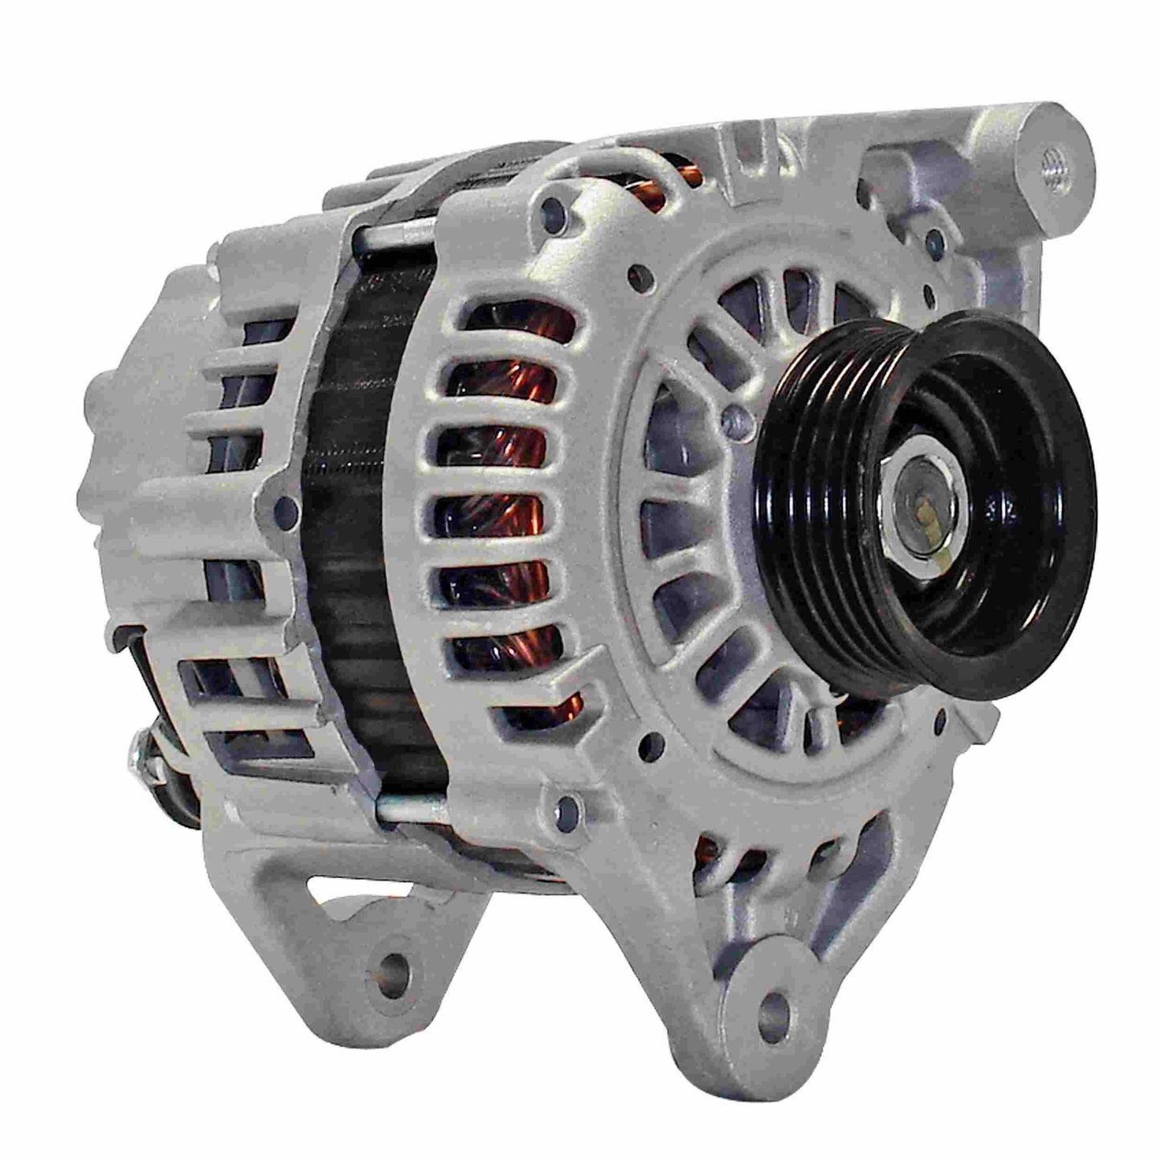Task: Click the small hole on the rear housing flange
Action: click(283, 506)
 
